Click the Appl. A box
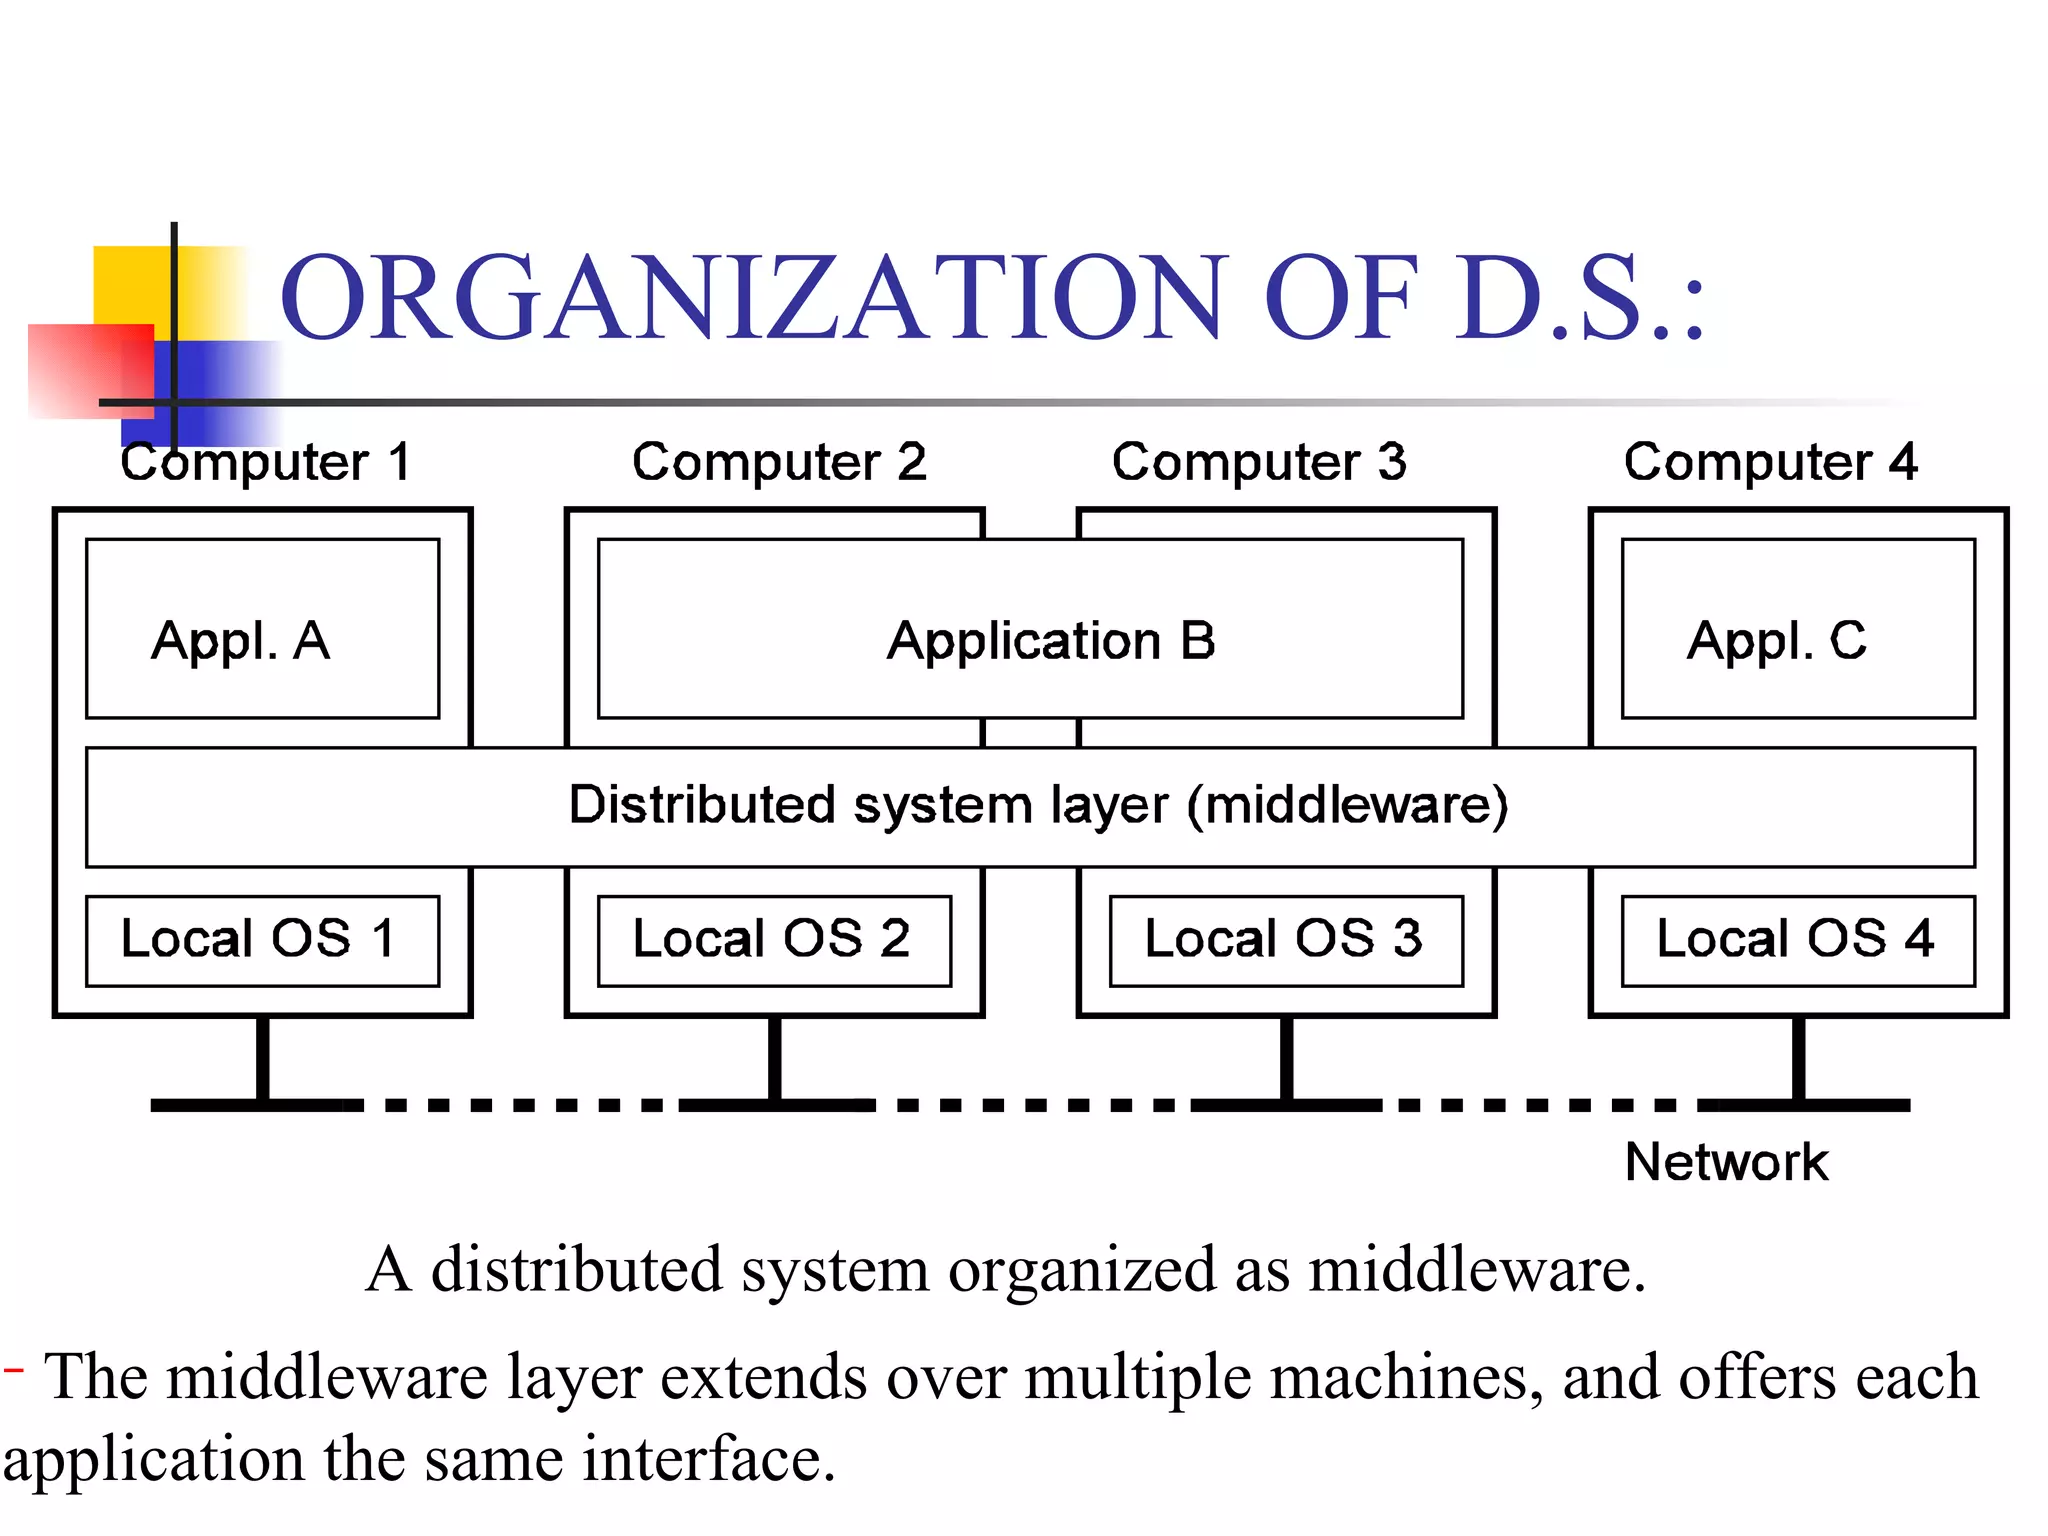pos(262,629)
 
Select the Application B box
pos(1030,629)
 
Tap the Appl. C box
pos(1797,629)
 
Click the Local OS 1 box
pos(262,941)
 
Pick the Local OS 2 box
pos(774,941)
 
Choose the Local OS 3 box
pos(1286,941)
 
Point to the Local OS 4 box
pos(1797,941)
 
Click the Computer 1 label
pos(266,463)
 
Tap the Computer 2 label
pos(779,463)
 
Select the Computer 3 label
pos(1259,463)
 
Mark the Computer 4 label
pos(1770,463)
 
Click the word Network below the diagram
pos(1726,1162)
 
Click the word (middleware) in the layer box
pos(1347,806)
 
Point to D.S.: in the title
pos(1580,298)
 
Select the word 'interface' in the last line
pos(708,1459)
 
